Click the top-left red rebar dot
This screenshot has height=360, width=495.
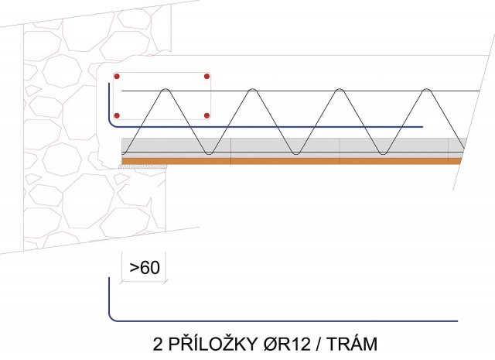pos(117,76)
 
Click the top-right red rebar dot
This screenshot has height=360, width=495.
pos(207,76)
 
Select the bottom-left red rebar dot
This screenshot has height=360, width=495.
pos(117,115)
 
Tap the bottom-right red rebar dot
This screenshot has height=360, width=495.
pos(207,115)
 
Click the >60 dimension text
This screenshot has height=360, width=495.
pos(145,268)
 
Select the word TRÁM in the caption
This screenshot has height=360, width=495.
pos(352,344)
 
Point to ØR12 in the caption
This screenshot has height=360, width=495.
pos(287,344)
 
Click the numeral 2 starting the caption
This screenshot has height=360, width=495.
pos(158,345)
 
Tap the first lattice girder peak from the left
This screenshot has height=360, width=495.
pos(165,90)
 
